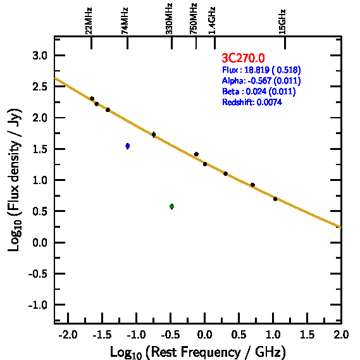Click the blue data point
coord(128,146)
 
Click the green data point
coord(171,206)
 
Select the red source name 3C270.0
coord(243,58)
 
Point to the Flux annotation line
coord(261,70)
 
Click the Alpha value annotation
coord(261,80)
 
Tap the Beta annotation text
coord(259,91)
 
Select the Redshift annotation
coord(252,102)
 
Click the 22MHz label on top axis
coord(89,21)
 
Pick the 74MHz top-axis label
coord(125,21)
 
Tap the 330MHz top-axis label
coord(169,19)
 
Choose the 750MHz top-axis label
coord(194,19)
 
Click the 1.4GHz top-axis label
coord(212,21)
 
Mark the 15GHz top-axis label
coord(282,22)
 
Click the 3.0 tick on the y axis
coord(40,56)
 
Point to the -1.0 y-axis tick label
coord(38,305)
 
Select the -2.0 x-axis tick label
coord(68,335)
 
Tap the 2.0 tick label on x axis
coord(341,335)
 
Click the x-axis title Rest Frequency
coord(198,352)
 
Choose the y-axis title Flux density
coord(15,180)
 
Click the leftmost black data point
coord(92,99)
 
